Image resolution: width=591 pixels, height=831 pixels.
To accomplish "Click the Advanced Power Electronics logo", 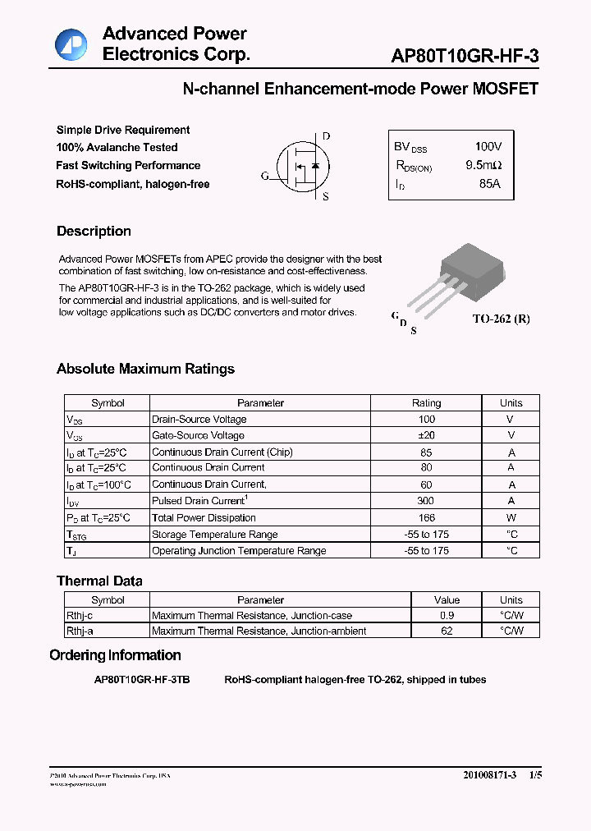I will (x=71, y=44).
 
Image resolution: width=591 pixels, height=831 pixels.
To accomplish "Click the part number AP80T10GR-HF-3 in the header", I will (x=465, y=56).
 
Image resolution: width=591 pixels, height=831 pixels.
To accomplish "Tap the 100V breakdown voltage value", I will (x=488, y=146).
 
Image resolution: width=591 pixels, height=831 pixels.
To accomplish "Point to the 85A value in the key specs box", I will (x=488, y=184).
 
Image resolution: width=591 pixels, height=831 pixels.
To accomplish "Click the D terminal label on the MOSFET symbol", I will (x=326, y=136).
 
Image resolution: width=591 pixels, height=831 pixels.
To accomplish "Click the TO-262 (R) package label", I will (x=501, y=319).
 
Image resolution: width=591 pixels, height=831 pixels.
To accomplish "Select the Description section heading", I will (x=94, y=232).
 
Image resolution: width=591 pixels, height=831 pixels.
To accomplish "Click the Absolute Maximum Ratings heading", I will (x=145, y=370).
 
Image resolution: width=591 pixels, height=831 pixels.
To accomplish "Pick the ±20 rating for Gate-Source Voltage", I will (x=426, y=435).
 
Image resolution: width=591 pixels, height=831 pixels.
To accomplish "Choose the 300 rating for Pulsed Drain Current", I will (x=426, y=501).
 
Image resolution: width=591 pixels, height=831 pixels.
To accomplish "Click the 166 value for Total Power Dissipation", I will (x=426, y=517).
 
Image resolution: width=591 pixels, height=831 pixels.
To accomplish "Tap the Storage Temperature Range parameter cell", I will (x=214, y=535).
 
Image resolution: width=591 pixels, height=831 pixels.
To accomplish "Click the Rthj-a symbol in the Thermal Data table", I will (x=80, y=631).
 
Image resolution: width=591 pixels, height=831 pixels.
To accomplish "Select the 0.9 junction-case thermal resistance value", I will (x=447, y=615).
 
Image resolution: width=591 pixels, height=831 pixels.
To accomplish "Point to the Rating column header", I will (x=426, y=403).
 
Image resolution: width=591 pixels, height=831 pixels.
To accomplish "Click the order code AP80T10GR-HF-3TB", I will (x=142, y=680).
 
